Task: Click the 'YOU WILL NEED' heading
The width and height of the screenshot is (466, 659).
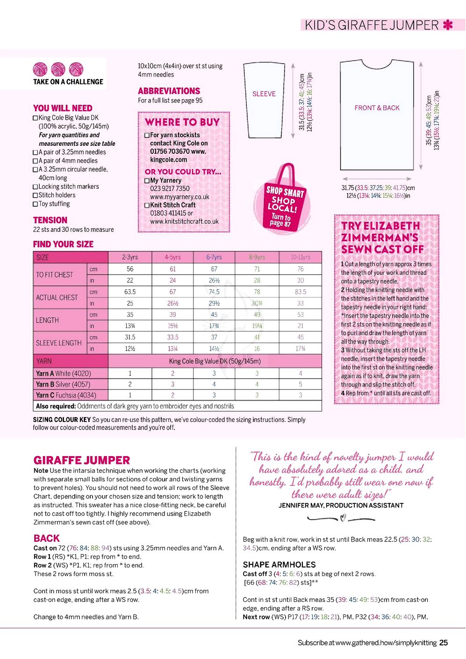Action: coord(63,108)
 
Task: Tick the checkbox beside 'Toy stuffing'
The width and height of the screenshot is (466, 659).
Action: coord(35,204)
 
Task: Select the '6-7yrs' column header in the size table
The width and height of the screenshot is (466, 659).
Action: coord(214,257)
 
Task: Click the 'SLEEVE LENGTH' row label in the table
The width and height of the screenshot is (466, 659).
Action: coord(59,343)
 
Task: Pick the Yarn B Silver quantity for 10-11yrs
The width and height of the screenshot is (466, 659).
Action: coord(300,384)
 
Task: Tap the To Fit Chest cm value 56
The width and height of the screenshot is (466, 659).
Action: coord(130,269)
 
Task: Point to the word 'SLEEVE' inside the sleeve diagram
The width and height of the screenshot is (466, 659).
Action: coord(264,94)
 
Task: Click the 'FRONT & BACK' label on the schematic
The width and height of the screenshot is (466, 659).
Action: coord(377,108)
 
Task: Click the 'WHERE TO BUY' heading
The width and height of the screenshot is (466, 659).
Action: coord(182,122)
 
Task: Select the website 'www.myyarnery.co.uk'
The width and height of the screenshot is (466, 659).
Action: coord(179,197)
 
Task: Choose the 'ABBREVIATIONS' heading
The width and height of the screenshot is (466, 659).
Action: coord(169,91)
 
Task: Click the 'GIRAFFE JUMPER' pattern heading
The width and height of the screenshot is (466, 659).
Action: coord(82,460)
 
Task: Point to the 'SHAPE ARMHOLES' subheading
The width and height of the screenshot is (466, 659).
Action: coord(279,565)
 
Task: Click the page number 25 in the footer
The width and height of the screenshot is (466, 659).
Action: coord(444,643)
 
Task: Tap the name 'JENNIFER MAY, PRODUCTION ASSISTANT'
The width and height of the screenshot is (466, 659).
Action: coord(341,505)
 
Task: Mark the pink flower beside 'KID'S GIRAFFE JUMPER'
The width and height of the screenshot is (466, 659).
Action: coord(448,25)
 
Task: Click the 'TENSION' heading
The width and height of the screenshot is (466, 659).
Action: coord(50,220)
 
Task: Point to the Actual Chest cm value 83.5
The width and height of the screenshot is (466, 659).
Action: coord(300,292)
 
